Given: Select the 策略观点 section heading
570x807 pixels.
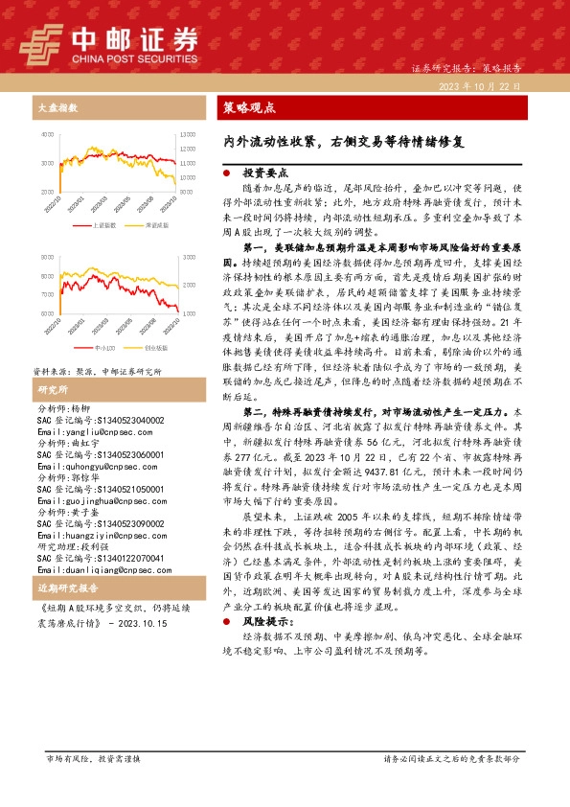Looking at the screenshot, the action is click(248, 108).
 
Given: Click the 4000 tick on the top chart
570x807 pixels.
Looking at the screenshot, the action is click(48, 136).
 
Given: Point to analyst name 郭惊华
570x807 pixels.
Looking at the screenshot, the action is click(83, 448).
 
